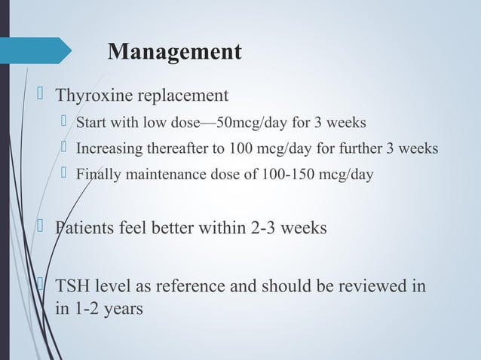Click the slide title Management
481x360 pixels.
pos(175,52)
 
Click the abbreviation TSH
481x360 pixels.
pos(72,288)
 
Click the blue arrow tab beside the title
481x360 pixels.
pos(38,51)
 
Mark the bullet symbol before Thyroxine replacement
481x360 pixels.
pos(42,95)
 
